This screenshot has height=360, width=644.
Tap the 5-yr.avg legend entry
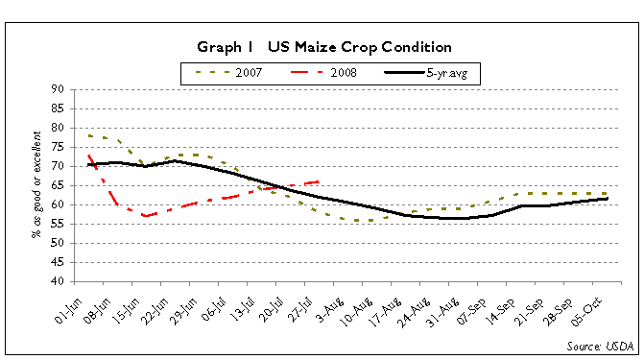431,73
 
